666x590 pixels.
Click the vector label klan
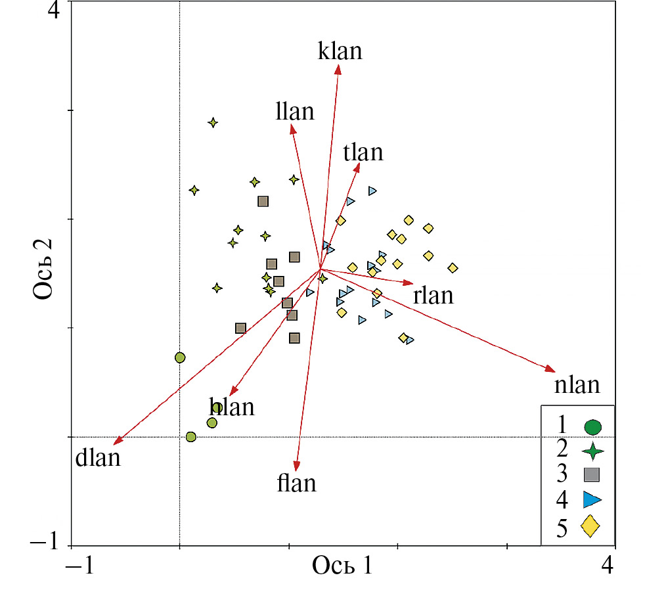340,51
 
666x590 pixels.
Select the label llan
295,111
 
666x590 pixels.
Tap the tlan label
363,152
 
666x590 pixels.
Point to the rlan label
433,296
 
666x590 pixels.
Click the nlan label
577,384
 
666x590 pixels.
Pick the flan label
297,484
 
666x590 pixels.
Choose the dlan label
99,457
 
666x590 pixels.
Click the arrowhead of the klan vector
338,68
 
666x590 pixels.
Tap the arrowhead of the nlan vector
552,370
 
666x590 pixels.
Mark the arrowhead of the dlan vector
117,443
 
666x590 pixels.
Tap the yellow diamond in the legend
590,526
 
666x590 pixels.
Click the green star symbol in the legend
593,451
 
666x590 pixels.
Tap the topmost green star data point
213,122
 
